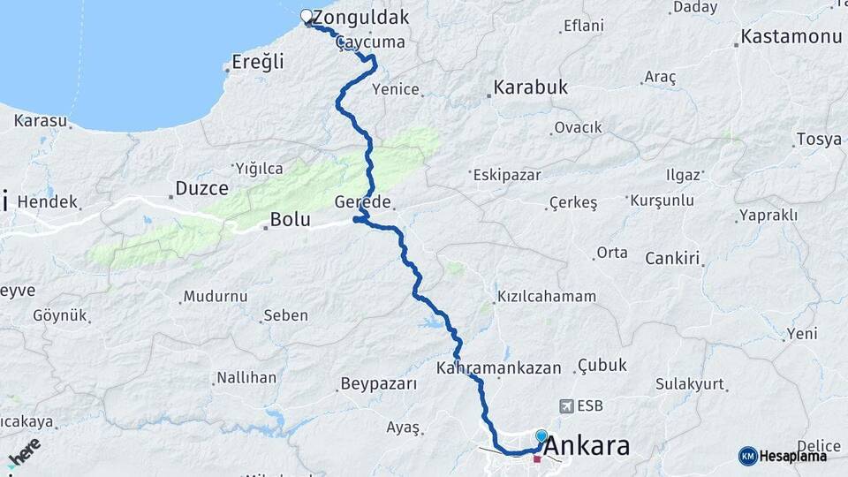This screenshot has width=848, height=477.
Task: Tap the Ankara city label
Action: tap(587, 446)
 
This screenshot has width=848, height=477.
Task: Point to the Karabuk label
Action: tap(530, 87)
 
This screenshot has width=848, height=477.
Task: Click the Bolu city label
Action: tap(290, 220)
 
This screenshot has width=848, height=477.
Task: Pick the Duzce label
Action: tap(201, 188)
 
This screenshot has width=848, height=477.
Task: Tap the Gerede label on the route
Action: tap(363, 201)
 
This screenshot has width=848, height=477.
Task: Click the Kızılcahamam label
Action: tap(547, 297)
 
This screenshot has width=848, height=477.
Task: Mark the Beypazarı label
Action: tap(377, 384)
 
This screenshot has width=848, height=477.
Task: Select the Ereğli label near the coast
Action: tap(258, 62)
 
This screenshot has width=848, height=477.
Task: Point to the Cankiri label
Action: tap(672, 259)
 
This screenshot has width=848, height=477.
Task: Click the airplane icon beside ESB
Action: tap(565, 406)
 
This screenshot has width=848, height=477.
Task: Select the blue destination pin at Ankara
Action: tap(541, 436)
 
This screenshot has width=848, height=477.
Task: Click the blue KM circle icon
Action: tap(747, 456)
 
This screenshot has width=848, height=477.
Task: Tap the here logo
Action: tap(24, 452)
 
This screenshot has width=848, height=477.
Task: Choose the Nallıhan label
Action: tap(246, 377)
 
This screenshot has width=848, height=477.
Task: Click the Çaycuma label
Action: tap(372, 42)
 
